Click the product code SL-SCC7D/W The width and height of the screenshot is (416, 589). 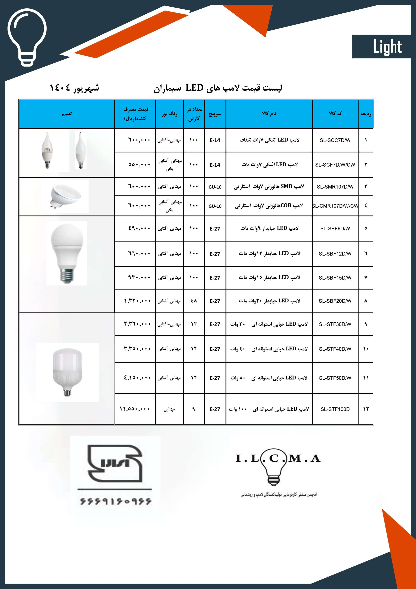click(335, 140)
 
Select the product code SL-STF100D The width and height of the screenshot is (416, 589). click(335, 409)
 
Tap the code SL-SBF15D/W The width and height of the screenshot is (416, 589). click(335, 278)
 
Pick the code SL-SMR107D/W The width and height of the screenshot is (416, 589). click(335, 187)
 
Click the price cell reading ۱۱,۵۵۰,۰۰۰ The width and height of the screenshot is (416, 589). click(135, 409)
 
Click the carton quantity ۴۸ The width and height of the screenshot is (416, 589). click(194, 301)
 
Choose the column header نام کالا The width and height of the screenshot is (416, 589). click(269, 114)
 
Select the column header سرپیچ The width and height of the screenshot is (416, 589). click(215, 114)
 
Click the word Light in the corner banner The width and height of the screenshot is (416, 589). click(387, 47)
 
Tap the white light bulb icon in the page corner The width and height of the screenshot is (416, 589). click(27, 37)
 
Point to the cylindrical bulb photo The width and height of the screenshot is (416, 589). click(67, 372)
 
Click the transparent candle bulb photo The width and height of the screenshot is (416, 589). click(47, 150)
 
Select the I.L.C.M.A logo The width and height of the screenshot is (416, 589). click(278, 469)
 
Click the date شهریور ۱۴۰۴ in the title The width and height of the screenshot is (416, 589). click(74, 88)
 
